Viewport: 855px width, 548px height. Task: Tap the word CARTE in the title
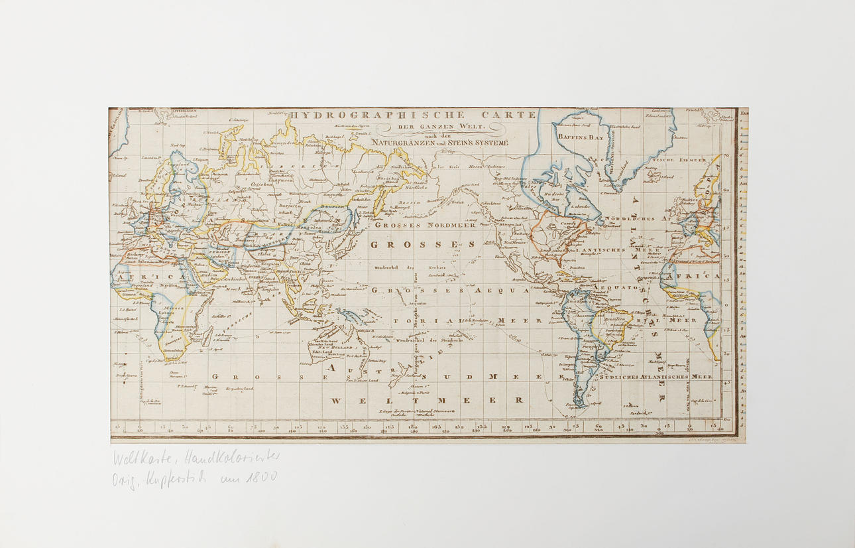coord(512,115)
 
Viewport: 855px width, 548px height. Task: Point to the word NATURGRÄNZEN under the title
coord(403,143)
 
